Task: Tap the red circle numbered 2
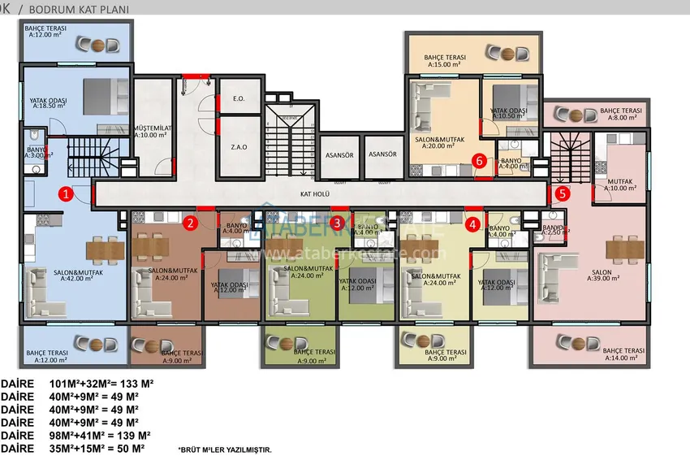tap(190, 223)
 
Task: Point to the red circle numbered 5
tap(562, 193)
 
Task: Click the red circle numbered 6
tap(480, 161)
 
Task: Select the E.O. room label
tap(239, 99)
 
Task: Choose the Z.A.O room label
tap(239, 147)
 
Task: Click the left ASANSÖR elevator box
tap(337, 154)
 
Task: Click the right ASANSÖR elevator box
tap(382, 154)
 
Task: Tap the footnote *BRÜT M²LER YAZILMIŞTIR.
tap(225, 449)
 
